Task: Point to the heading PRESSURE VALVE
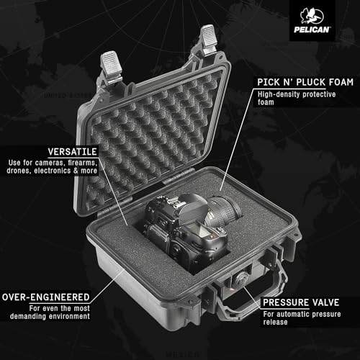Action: [x=302, y=303]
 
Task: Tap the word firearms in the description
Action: [x=115, y=163]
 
